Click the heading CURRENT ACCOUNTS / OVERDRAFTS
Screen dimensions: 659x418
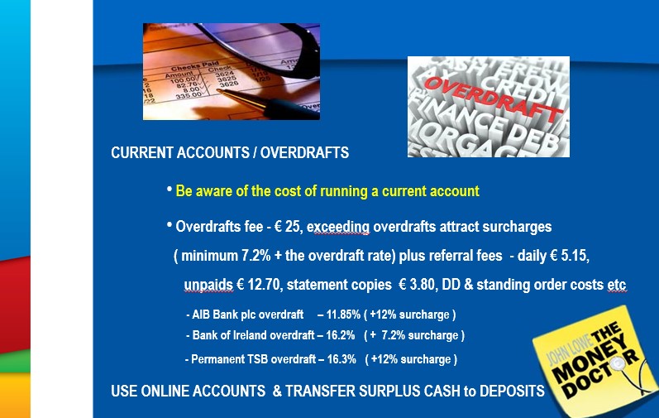coord(230,152)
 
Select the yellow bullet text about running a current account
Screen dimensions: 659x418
coord(327,191)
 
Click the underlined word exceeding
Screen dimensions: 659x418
coord(338,227)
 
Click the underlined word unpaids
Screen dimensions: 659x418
coord(208,285)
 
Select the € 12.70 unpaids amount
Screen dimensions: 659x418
coord(259,285)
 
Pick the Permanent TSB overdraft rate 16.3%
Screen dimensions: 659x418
coord(341,359)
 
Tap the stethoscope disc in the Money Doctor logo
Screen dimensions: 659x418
coord(618,363)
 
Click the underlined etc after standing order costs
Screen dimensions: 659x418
coord(617,285)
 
